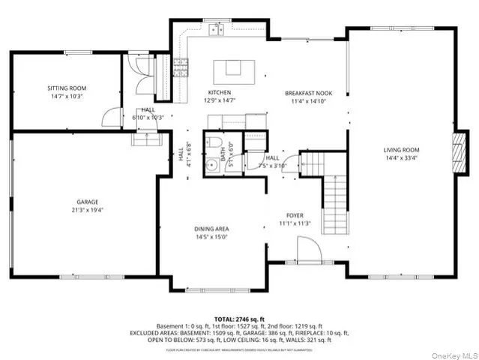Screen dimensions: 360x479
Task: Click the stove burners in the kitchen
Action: coord(180,67)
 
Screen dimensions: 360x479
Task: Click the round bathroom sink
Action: coord(212,167)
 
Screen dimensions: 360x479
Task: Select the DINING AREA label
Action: coord(211,229)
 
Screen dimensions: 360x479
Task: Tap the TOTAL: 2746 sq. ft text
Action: coord(239,319)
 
